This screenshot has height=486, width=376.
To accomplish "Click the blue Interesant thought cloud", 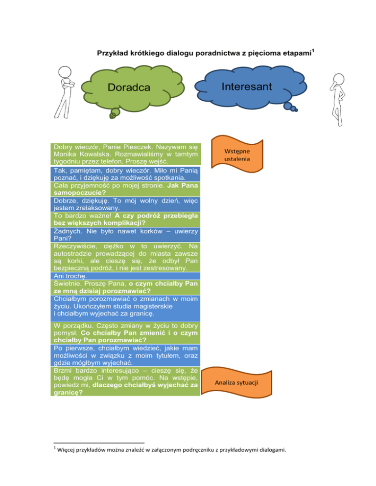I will click(x=244, y=86).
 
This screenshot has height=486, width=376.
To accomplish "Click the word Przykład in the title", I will click(x=110, y=53).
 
